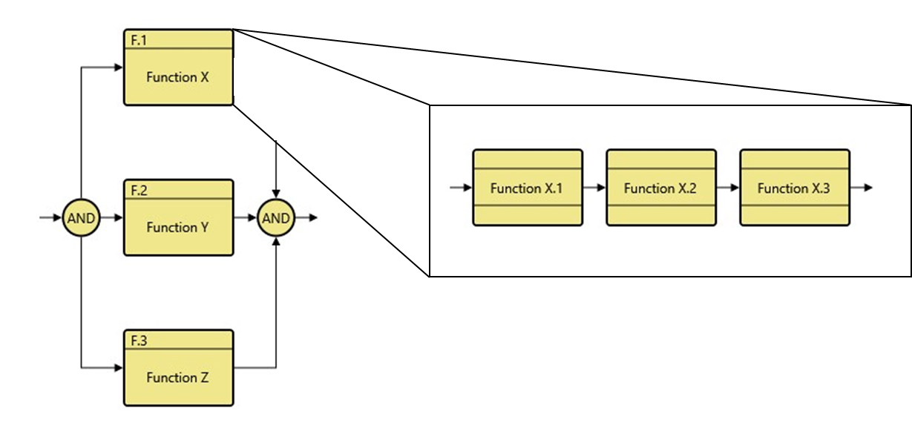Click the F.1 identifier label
(139, 40)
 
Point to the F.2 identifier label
(139, 191)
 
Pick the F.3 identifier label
(139, 341)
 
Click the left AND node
(80, 218)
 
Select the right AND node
(276, 218)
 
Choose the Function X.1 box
(527, 188)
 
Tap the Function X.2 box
(660, 188)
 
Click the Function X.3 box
(794, 188)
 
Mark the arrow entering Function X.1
(461, 188)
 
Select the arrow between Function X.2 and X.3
(728, 188)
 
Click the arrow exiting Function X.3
(862, 188)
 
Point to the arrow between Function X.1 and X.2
(594, 188)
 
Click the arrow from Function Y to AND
(246, 218)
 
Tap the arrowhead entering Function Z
(118, 367)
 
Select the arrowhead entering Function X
(118, 68)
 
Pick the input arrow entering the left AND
(50, 218)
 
